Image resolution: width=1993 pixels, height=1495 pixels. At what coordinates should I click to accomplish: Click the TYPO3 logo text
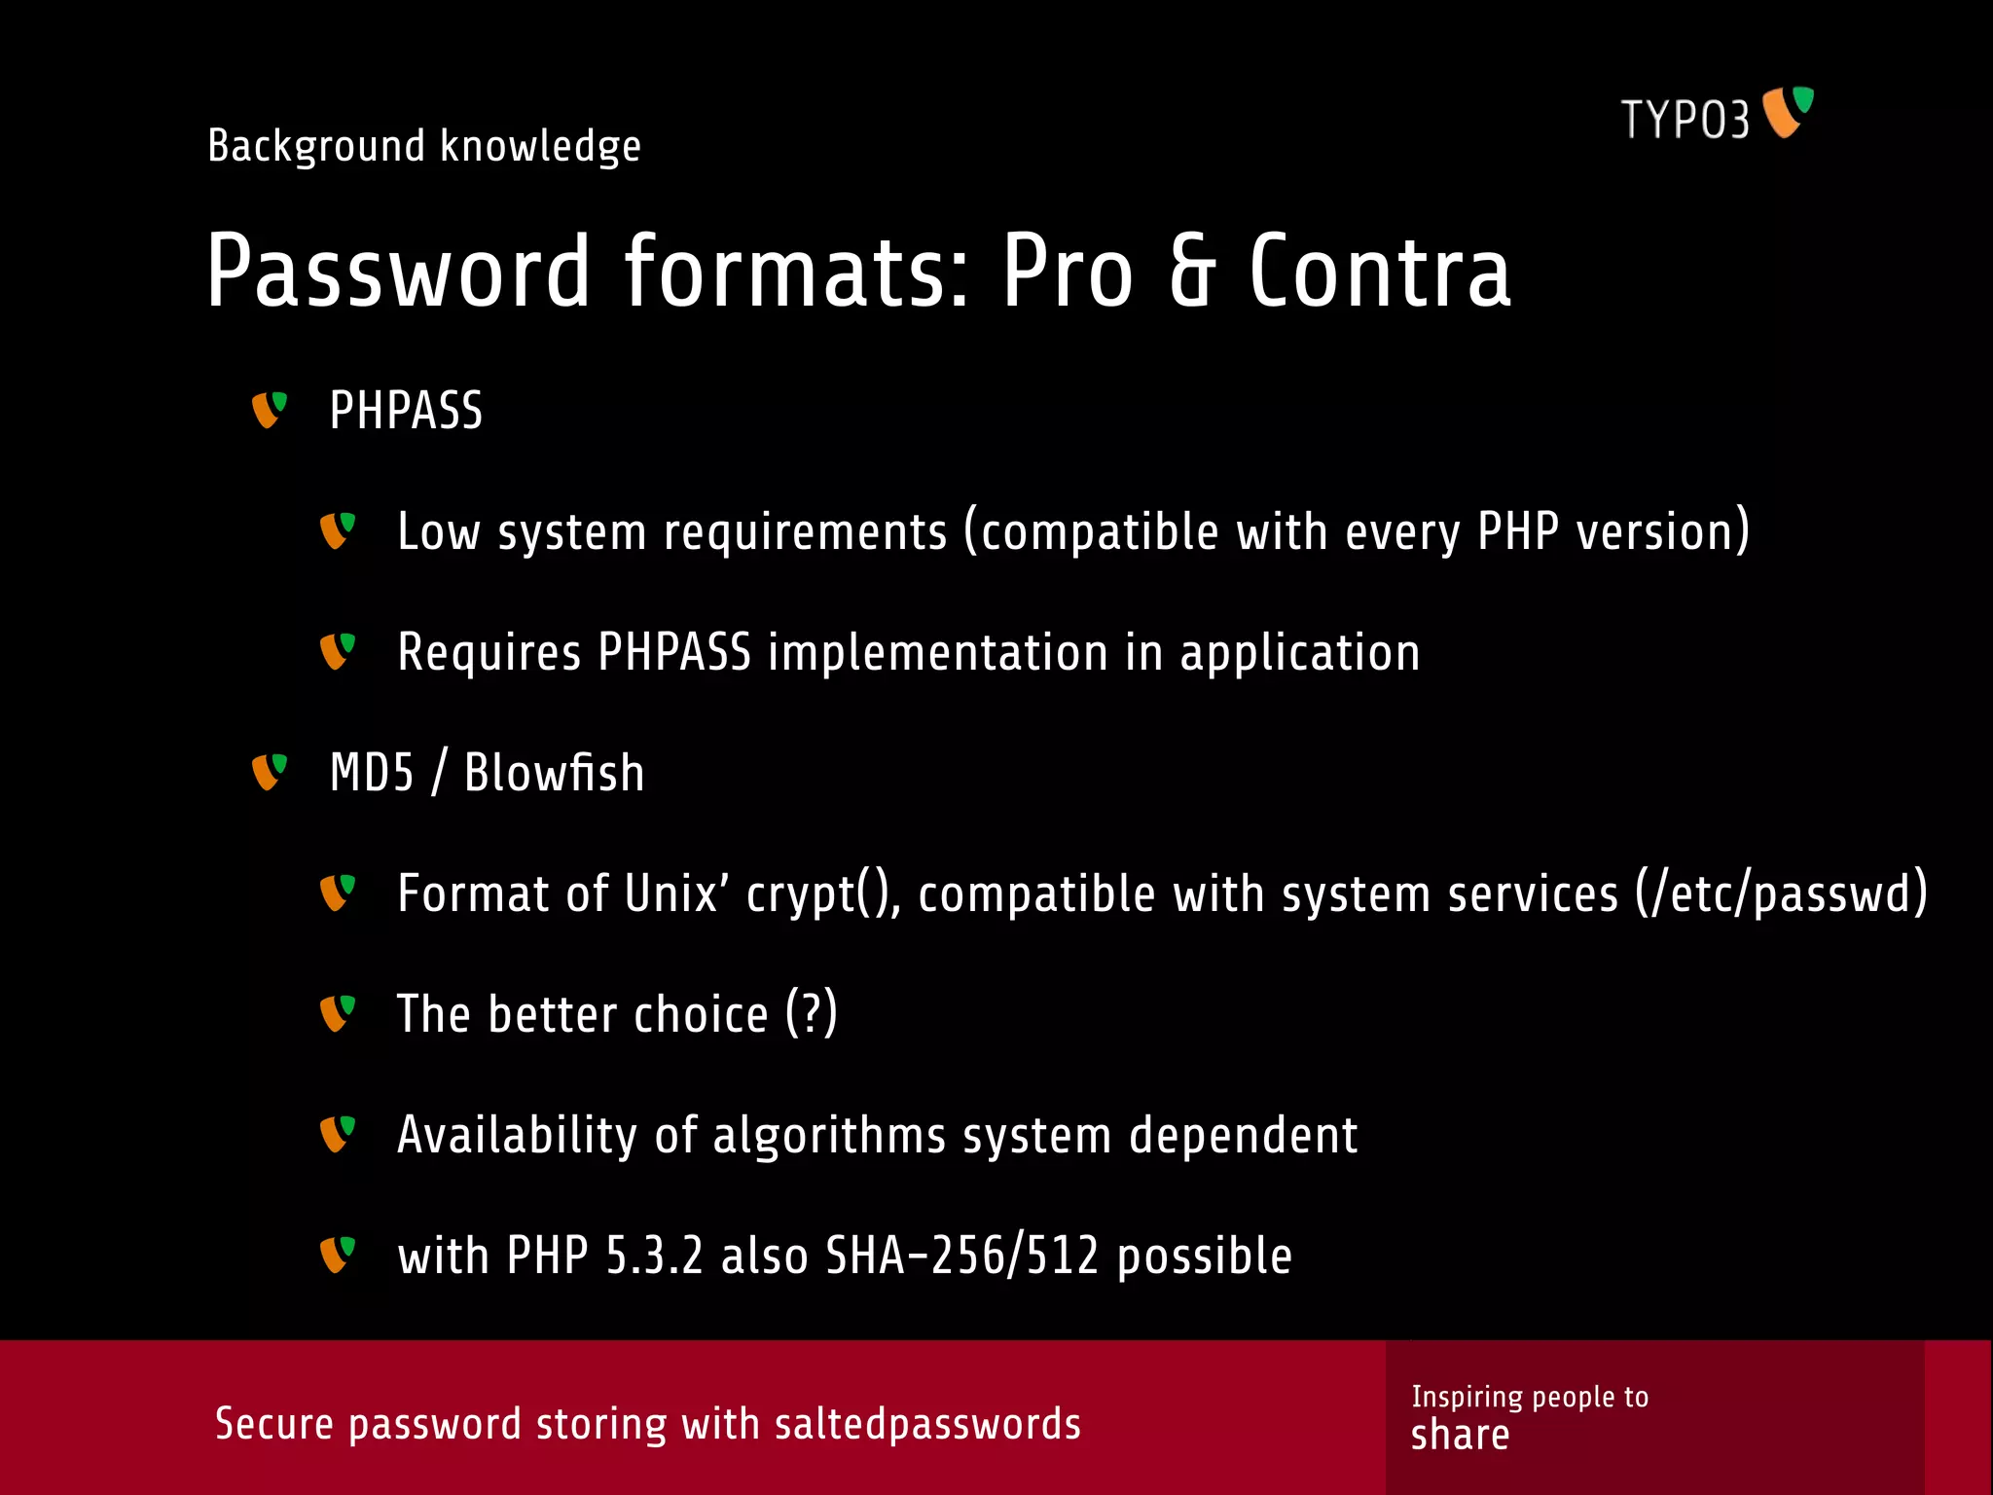pos(1685,121)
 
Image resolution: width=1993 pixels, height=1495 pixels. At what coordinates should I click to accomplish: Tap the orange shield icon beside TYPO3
pos(1788,113)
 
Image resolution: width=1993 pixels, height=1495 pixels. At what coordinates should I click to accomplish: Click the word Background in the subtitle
pos(316,147)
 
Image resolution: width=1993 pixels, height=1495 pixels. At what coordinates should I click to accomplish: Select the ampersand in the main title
pos(1192,272)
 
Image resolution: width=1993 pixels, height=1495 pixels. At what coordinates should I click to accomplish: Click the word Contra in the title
pos(1379,272)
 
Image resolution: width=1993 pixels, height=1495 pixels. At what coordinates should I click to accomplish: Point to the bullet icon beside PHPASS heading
pos(270,410)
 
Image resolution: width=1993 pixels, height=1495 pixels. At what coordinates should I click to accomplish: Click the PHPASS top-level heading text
pos(406,411)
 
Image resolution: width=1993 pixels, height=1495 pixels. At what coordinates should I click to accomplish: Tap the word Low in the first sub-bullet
pos(439,532)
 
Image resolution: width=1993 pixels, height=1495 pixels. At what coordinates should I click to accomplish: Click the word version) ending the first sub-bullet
pos(1663,532)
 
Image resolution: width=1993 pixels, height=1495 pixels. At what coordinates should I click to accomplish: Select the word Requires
pos(489,653)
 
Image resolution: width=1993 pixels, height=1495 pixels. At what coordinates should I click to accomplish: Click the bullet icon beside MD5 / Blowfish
pos(270,772)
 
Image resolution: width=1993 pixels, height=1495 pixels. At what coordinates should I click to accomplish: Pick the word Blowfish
pos(554,774)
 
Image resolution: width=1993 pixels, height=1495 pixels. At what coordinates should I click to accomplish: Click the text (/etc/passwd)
pos(1781,893)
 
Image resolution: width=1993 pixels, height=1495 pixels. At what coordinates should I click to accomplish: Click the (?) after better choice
pos(812,1014)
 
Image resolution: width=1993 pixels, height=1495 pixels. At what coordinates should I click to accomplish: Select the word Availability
pos(517,1135)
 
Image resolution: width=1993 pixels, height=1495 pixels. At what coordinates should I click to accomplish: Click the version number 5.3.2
pos(654,1256)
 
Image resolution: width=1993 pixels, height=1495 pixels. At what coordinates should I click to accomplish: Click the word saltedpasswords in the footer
pos(927,1425)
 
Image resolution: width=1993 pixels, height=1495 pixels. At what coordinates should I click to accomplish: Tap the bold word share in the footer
pos(1460,1436)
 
